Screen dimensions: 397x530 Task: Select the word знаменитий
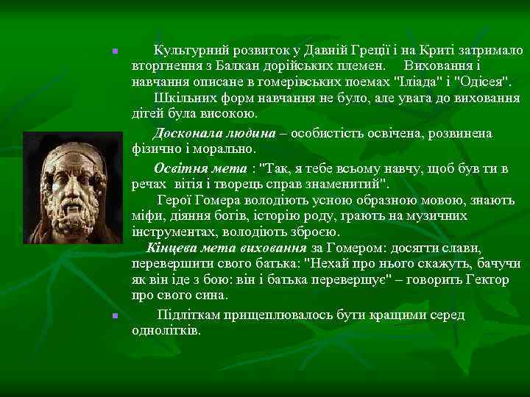344,182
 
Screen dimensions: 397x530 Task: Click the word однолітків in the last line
166,330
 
